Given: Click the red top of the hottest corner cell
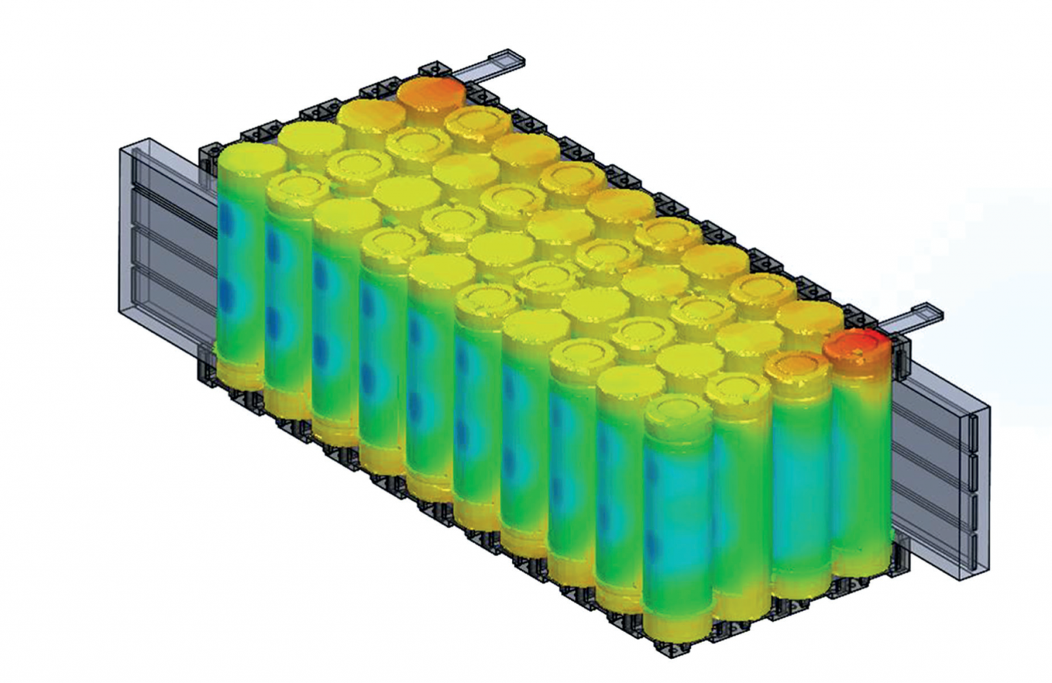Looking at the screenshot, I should tap(856, 346).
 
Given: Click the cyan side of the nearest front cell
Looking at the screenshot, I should tap(675, 507).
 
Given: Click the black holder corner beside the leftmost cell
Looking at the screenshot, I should tap(206, 158).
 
